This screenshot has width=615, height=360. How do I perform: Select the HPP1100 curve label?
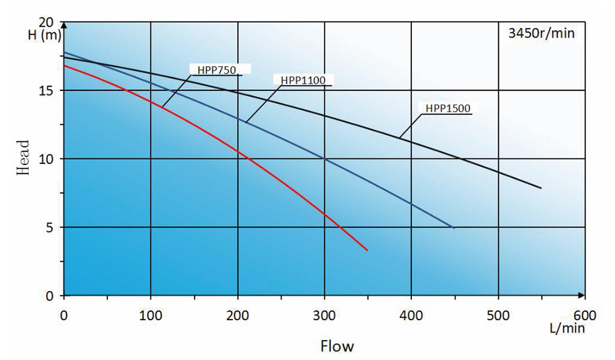point(303,80)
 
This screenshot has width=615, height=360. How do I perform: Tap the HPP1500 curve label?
point(448,108)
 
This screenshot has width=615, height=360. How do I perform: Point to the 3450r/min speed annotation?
point(541,33)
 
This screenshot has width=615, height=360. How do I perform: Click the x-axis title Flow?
point(337,345)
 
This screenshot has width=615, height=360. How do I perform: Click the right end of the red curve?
point(367,250)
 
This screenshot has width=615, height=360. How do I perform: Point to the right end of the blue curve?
point(454,228)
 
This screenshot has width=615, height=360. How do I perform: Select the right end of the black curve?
point(541,188)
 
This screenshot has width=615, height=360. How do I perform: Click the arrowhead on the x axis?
point(582,296)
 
